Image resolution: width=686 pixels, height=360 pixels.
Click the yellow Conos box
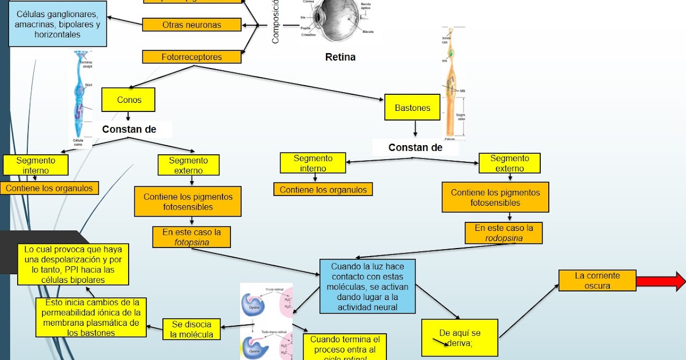click(x=129, y=99)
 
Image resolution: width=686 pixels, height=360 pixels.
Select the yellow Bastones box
click(x=412, y=107)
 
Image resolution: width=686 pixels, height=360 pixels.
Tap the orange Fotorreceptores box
click(x=192, y=57)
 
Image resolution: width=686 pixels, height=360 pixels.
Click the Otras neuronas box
click(x=192, y=25)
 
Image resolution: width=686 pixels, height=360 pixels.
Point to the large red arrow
click(x=660, y=281)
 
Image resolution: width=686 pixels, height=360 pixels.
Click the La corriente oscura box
click(x=597, y=281)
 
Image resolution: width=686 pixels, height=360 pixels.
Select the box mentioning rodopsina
click(x=504, y=233)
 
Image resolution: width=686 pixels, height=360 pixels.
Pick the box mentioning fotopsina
click(x=192, y=237)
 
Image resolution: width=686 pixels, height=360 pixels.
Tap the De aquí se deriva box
click(x=460, y=337)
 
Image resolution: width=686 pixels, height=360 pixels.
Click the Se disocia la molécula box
click(x=192, y=329)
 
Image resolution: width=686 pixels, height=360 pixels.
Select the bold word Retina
click(x=340, y=57)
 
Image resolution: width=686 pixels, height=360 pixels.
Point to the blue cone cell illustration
click(x=80, y=97)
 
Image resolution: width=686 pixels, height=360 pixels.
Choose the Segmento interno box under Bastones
click(x=313, y=163)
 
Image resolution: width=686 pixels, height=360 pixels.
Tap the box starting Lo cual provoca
click(x=73, y=265)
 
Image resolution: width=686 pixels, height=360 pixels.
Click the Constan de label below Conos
click(x=129, y=130)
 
